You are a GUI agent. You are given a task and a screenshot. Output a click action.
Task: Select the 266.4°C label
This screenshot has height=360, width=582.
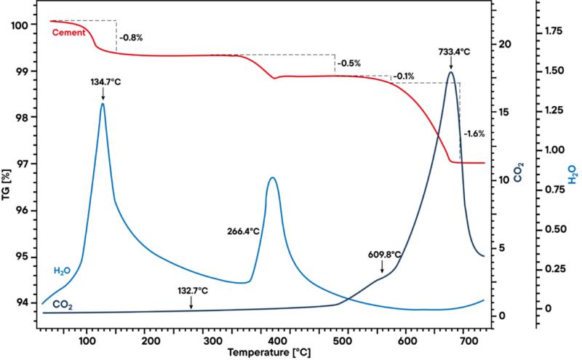point(244,231)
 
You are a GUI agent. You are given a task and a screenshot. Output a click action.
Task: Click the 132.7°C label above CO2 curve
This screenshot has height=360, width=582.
point(191,292)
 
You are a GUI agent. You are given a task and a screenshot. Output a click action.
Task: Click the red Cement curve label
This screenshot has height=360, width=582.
point(71,32)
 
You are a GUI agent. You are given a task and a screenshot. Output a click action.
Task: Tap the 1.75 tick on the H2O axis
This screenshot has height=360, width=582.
point(555,31)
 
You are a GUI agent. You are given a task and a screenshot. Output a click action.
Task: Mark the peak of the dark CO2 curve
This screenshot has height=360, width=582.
point(451,72)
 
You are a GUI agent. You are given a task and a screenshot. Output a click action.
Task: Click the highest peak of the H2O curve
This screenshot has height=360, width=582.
point(103,104)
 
